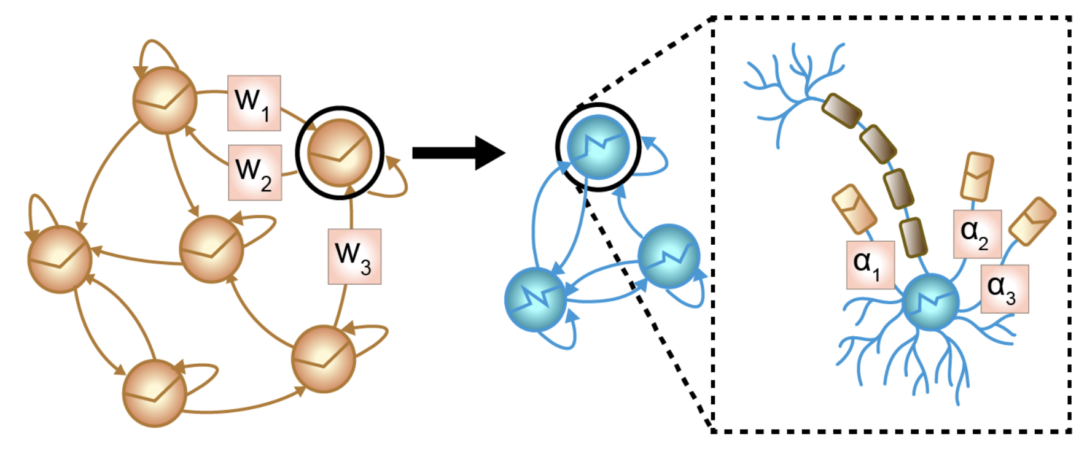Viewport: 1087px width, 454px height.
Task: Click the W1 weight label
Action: tap(254, 103)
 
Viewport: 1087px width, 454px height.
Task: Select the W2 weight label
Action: tap(255, 172)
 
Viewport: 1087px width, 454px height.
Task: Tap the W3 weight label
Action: tap(354, 256)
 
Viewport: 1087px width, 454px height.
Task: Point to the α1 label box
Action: tap(870, 264)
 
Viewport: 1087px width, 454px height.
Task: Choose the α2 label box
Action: tap(976, 234)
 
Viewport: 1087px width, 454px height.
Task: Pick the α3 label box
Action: tap(1004, 288)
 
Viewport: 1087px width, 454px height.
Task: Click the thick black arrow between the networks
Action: tap(458, 153)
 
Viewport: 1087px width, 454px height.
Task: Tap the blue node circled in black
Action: tap(598, 147)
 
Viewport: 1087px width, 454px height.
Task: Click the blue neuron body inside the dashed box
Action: tap(930, 302)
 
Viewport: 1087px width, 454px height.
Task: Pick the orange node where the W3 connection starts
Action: tap(323, 360)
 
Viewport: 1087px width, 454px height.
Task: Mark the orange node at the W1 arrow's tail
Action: tap(165, 101)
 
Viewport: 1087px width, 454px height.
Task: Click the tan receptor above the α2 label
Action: tap(977, 176)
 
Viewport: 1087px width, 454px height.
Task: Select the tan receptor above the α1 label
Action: tap(854, 209)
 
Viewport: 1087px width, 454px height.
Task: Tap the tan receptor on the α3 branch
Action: tap(1032, 221)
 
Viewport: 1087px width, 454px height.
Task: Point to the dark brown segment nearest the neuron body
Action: tap(913, 236)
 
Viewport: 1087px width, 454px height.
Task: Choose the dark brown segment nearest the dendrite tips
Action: tap(841, 110)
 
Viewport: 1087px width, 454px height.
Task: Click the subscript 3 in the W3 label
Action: tap(366, 267)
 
